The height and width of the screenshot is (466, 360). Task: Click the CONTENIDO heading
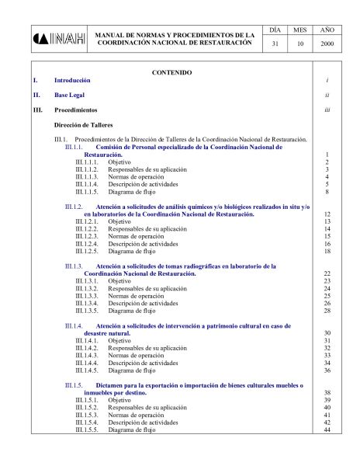coord(171,72)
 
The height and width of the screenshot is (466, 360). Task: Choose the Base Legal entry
coord(70,96)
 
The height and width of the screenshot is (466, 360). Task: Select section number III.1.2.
coord(74,207)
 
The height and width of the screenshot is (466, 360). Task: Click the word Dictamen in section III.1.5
coord(111,385)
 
